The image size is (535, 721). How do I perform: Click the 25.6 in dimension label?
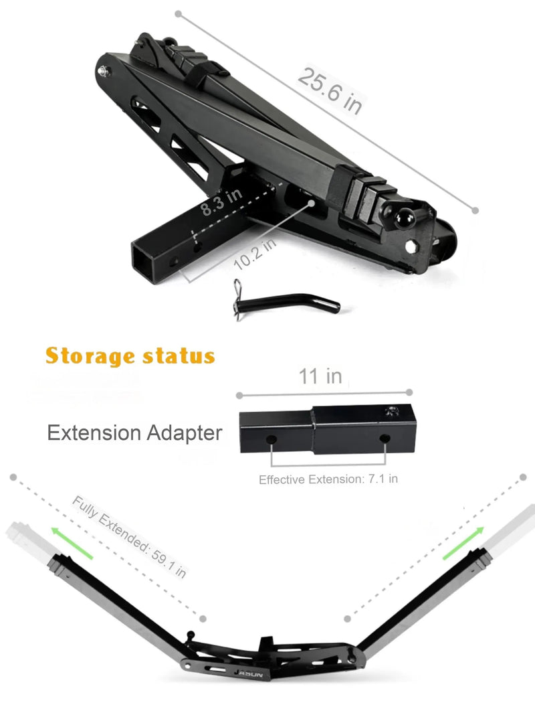(330, 90)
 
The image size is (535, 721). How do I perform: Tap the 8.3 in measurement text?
(221, 202)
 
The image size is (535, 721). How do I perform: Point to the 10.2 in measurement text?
(255, 254)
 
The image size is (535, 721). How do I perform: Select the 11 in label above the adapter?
(320, 376)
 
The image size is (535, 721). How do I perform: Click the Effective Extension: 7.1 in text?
(328, 479)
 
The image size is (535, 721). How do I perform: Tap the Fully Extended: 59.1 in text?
(129, 537)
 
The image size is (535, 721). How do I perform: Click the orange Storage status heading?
(130, 356)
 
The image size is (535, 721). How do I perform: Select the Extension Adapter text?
(134, 432)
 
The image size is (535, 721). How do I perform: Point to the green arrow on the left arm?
(72, 543)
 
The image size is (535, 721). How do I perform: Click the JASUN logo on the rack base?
(249, 673)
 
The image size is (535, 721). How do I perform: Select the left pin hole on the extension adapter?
(272, 440)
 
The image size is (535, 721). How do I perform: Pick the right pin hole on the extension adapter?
(385, 438)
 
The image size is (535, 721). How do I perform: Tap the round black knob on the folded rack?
(405, 218)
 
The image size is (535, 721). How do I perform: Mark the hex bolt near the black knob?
(411, 246)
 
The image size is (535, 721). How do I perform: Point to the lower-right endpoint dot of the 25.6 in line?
(475, 211)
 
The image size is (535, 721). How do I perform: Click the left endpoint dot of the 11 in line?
(239, 396)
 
